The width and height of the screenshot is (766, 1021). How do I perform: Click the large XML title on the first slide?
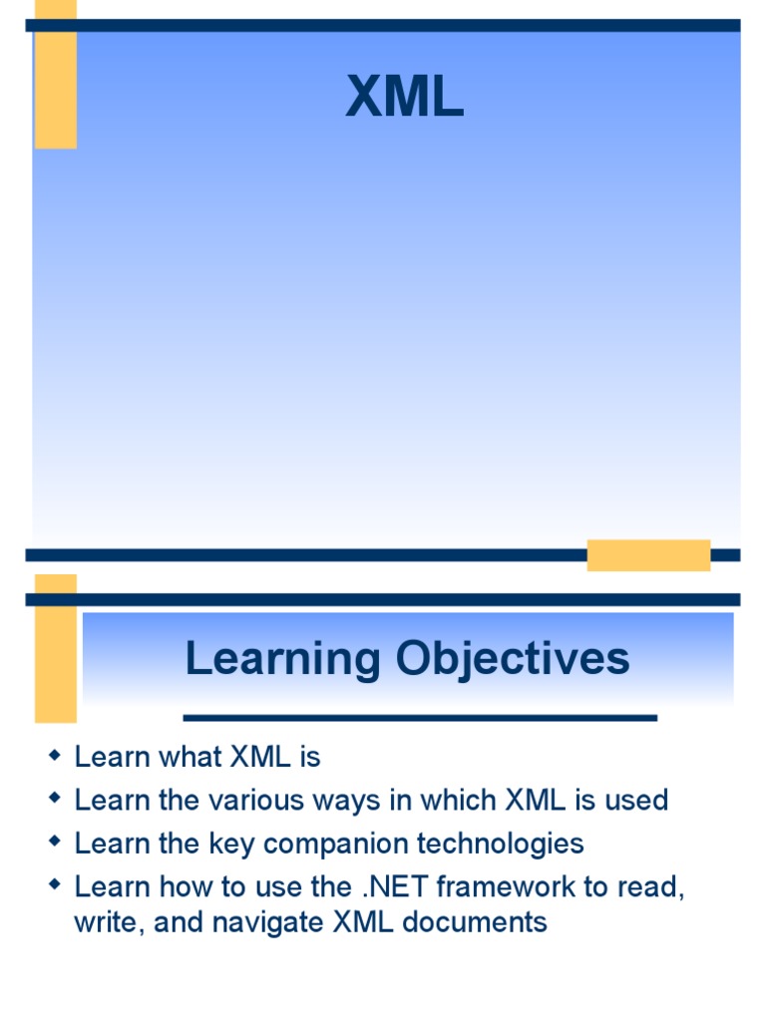(405, 99)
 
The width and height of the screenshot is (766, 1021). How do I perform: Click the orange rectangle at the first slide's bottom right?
(648, 555)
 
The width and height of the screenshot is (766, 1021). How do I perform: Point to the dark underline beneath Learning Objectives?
(420, 717)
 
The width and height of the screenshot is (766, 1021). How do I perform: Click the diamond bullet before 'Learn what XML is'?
(55, 757)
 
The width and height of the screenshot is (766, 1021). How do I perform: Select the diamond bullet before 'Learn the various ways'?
(55, 800)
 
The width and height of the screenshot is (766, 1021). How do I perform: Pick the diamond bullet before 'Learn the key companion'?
(55, 843)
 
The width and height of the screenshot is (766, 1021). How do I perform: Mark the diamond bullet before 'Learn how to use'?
(55, 885)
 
